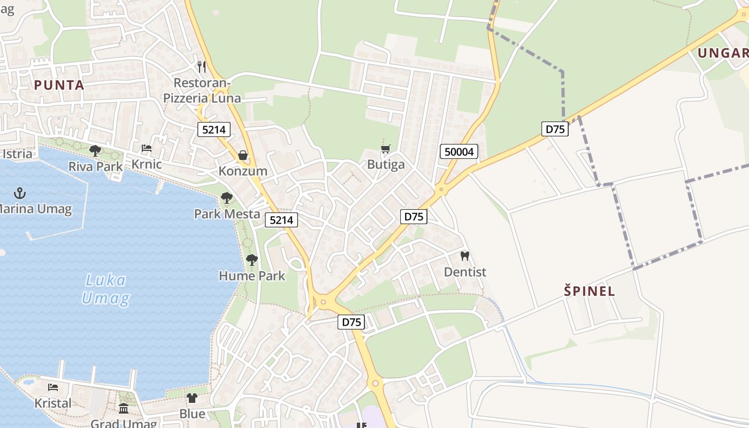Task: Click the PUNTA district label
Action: click(59, 85)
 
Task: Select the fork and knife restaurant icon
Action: click(202, 67)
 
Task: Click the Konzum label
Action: click(243, 171)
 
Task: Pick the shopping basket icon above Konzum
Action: click(243, 155)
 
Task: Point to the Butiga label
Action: click(386, 164)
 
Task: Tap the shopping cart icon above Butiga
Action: click(386, 148)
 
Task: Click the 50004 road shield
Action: click(459, 152)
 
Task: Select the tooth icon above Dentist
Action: click(465, 256)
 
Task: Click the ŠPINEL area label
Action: click(590, 292)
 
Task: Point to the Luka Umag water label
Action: click(105, 289)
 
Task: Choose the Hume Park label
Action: click(252, 276)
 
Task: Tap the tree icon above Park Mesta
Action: click(227, 198)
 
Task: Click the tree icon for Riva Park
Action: click(95, 151)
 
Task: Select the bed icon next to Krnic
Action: click(147, 148)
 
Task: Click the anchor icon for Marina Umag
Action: click(20, 193)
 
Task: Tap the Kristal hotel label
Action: click(53, 403)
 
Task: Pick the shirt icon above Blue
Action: click(192, 398)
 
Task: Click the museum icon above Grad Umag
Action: click(124, 409)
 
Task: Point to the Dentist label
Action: click(465, 272)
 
